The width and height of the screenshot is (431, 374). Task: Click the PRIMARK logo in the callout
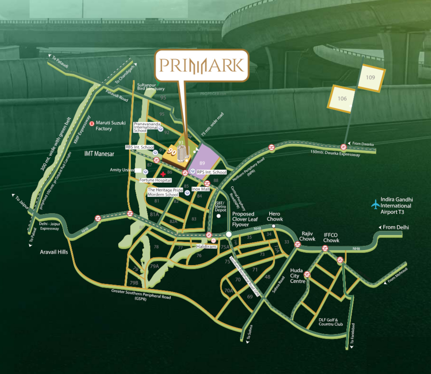click(202, 65)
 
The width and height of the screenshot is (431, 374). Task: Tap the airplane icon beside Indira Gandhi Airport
click(375, 204)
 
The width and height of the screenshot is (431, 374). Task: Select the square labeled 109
click(370, 78)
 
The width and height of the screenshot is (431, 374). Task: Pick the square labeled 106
click(342, 99)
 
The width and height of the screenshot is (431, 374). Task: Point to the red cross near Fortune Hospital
click(163, 174)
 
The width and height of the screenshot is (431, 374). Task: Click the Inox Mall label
click(201, 189)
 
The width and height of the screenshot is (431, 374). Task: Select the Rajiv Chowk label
click(307, 236)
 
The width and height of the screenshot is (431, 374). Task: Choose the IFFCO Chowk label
click(331, 238)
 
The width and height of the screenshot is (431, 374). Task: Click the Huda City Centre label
click(297, 276)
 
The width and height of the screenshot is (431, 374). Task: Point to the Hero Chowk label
click(275, 216)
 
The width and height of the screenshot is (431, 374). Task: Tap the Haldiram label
click(206, 247)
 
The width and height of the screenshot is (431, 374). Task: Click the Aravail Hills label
click(54, 252)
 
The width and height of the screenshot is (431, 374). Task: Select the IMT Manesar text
click(99, 154)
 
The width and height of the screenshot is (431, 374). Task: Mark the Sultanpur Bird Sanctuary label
click(150, 87)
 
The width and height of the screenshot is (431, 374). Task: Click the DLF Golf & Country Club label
click(331, 322)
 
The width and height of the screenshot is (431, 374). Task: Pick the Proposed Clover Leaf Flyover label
click(245, 219)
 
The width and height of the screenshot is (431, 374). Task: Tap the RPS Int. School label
click(211, 172)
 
